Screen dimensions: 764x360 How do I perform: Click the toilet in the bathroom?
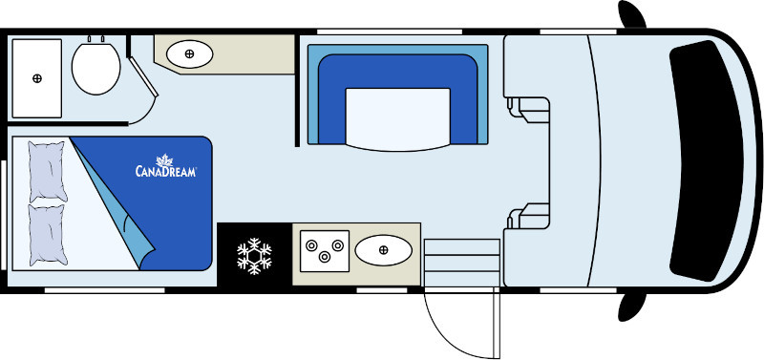tap(96, 68)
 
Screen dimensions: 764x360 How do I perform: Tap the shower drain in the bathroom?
tap(37, 78)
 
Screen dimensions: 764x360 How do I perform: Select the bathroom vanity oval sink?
tap(189, 54)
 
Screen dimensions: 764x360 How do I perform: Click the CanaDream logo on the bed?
tap(165, 165)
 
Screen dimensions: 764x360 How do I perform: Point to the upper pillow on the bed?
tap(48, 172)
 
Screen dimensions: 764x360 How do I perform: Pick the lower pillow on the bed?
tap(48, 235)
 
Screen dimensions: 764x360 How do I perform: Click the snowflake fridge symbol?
tap(254, 256)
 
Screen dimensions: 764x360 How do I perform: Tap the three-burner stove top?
tap(325, 251)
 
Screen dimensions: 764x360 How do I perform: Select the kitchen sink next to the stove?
tap(384, 250)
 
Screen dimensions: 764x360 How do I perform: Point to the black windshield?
tap(706, 160)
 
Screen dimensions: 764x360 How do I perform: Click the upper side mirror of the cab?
tap(631, 14)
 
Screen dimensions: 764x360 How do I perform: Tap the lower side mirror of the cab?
tap(631, 307)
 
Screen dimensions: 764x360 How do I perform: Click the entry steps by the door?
tap(462, 263)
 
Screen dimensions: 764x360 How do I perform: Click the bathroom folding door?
tap(142, 76)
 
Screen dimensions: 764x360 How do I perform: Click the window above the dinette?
tap(390, 32)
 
